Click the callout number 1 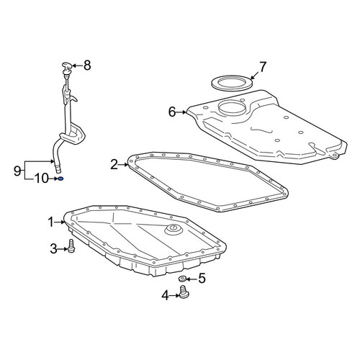click(51, 222)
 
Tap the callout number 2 click(114, 165)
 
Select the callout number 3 click(54, 249)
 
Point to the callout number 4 click(166, 295)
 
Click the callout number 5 click(202, 279)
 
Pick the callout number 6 click(172, 112)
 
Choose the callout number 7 click(262, 67)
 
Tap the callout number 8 click(87, 66)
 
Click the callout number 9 click(17, 171)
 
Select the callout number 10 click(41, 179)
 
